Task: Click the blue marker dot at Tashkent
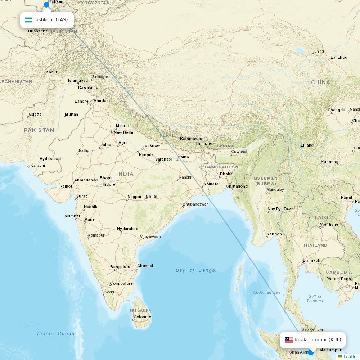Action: pyautogui.click(x=46, y=5)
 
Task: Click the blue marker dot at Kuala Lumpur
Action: pyautogui.click(x=311, y=352)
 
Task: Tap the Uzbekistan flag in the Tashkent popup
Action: pyautogui.click(x=28, y=20)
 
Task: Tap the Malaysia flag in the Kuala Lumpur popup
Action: pyautogui.click(x=289, y=340)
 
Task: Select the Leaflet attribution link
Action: pyautogui.click(x=350, y=356)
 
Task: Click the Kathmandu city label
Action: pyautogui.click(x=191, y=139)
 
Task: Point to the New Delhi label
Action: pyautogui.click(x=123, y=132)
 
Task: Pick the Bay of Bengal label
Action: pyautogui.click(x=196, y=270)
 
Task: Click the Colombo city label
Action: pyautogui.click(x=142, y=317)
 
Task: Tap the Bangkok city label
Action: pyautogui.click(x=311, y=260)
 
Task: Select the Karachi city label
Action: pyautogui.click(x=38, y=165)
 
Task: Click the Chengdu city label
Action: pyautogui.click(x=336, y=110)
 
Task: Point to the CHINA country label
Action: pyautogui.click(x=320, y=82)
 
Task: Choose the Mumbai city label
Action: pyautogui.click(x=72, y=216)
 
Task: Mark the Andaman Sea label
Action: pyautogui.click(x=267, y=292)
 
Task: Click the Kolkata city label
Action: pyautogui.click(x=211, y=184)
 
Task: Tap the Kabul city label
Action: pyautogui.click(x=51, y=72)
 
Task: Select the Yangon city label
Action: pyautogui.click(x=274, y=234)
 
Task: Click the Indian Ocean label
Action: pyautogui.click(x=56, y=334)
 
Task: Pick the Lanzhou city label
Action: pyautogui.click(x=339, y=57)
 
